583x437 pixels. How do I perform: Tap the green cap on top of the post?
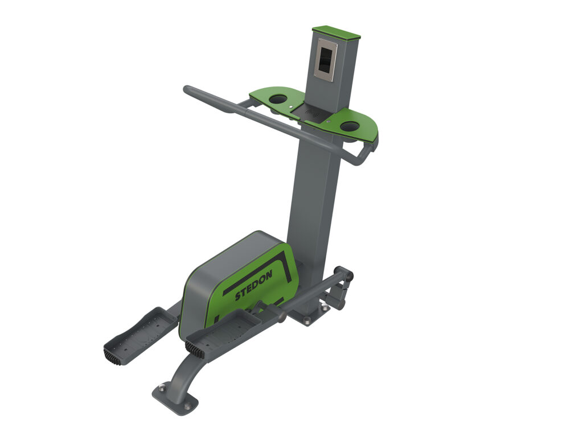[336, 32]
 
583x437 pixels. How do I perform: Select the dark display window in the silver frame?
[325, 60]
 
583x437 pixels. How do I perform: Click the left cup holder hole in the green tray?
[278, 100]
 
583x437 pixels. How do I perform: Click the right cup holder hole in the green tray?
[350, 126]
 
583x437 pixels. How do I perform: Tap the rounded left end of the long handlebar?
[187, 89]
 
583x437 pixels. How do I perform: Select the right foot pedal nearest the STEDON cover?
[228, 330]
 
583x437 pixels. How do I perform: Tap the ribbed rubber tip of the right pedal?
[195, 350]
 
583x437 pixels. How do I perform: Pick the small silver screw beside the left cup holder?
[291, 106]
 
